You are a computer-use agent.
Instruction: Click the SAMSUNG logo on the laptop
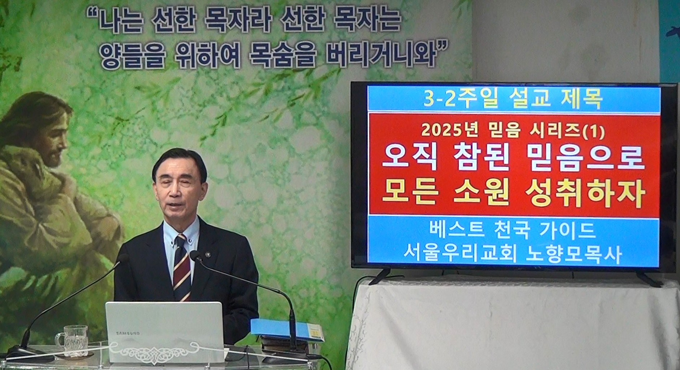pos(128,334)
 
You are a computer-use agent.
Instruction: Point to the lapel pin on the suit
pos(208,255)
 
